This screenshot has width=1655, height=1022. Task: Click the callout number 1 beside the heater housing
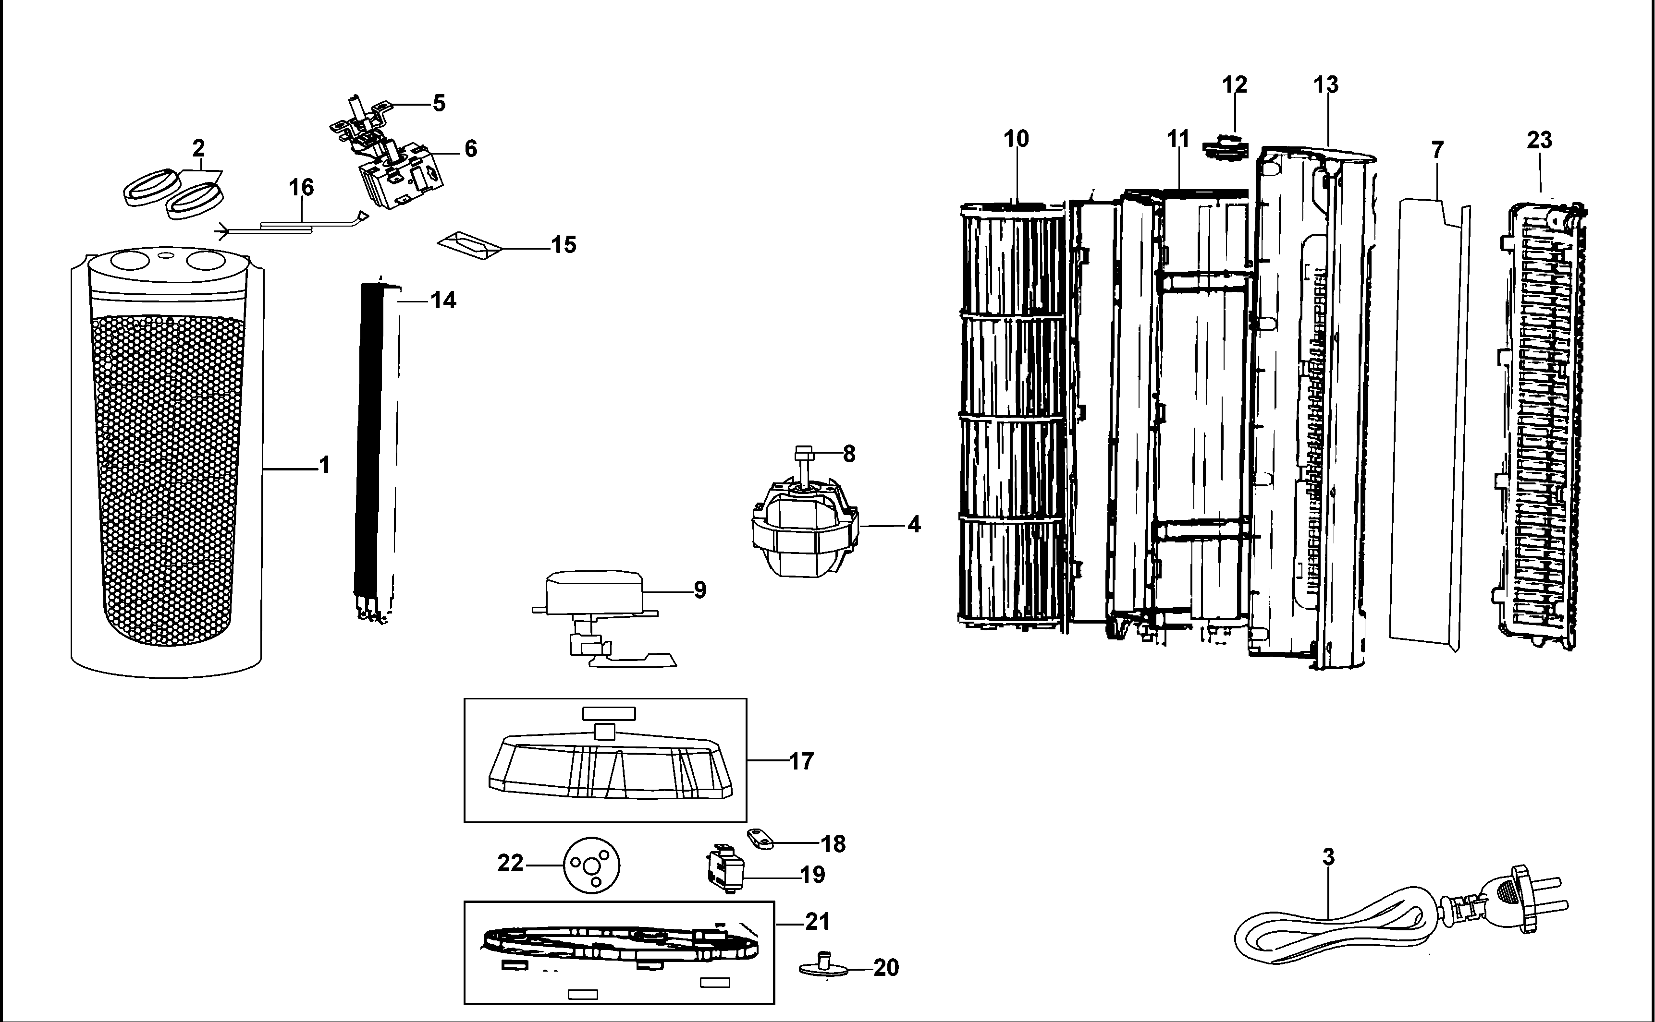tap(325, 465)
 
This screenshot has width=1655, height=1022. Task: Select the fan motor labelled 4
tap(805, 529)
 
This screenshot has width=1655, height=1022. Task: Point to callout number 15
tap(564, 245)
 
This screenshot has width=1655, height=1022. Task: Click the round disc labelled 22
tap(592, 865)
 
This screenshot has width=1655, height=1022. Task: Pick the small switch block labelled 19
tap(724, 871)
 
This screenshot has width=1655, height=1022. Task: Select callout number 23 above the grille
tap(1539, 140)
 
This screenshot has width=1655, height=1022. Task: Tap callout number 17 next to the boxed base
tap(801, 761)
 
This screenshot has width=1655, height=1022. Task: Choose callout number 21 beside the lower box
tap(817, 921)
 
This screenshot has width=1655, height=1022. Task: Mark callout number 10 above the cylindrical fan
tap(1016, 139)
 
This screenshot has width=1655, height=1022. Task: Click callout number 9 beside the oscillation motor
tap(700, 590)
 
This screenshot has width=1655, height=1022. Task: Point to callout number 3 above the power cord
tap(1328, 857)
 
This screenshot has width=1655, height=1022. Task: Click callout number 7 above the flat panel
tap(1437, 149)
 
